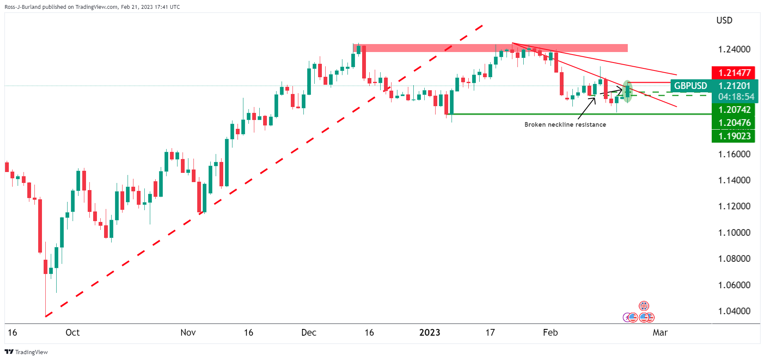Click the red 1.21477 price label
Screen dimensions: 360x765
pyautogui.click(x=734, y=73)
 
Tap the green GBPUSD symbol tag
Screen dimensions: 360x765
pyautogui.click(x=690, y=86)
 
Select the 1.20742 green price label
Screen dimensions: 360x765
pyautogui.click(x=734, y=110)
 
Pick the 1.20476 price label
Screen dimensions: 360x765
pyautogui.click(x=734, y=123)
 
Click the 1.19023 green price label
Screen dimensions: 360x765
pyautogui.click(x=734, y=136)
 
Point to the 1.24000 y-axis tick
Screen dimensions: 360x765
pyautogui.click(x=734, y=49)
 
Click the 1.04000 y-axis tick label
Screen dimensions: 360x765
pyautogui.click(x=734, y=311)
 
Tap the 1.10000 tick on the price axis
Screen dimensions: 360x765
pyautogui.click(x=734, y=232)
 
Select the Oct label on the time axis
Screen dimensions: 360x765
pyautogui.click(x=73, y=333)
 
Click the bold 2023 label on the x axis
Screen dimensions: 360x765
pyautogui.click(x=430, y=333)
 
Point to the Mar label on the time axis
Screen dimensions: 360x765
pyautogui.click(x=660, y=333)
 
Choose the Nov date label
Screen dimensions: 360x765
pyautogui.click(x=188, y=333)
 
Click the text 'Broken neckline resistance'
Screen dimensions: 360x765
pyautogui.click(x=565, y=125)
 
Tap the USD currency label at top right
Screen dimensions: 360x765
pyautogui.click(x=724, y=20)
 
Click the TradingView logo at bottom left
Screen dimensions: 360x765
pyautogui.click(x=26, y=352)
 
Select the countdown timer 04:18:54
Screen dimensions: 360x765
pyautogui.click(x=735, y=97)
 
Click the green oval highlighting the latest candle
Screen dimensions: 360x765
pyautogui.click(x=627, y=91)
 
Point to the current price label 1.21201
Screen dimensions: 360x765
pyautogui.click(x=734, y=86)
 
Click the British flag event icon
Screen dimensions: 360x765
pyautogui.click(x=644, y=306)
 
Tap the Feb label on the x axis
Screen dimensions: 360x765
pyautogui.click(x=550, y=333)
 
